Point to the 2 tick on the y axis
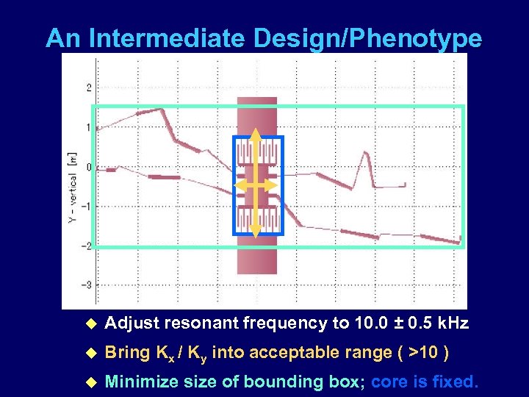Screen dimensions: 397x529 coord(89,88)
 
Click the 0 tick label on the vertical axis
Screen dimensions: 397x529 coord(89,168)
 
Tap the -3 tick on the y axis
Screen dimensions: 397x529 coord(87,285)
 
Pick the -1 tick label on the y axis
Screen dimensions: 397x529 coord(87,207)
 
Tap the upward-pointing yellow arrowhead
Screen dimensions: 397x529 coord(254,135)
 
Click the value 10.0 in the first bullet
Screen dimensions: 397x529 coord(373,323)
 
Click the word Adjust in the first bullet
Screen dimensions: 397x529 coord(132,323)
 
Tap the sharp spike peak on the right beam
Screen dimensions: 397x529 coord(363,152)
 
